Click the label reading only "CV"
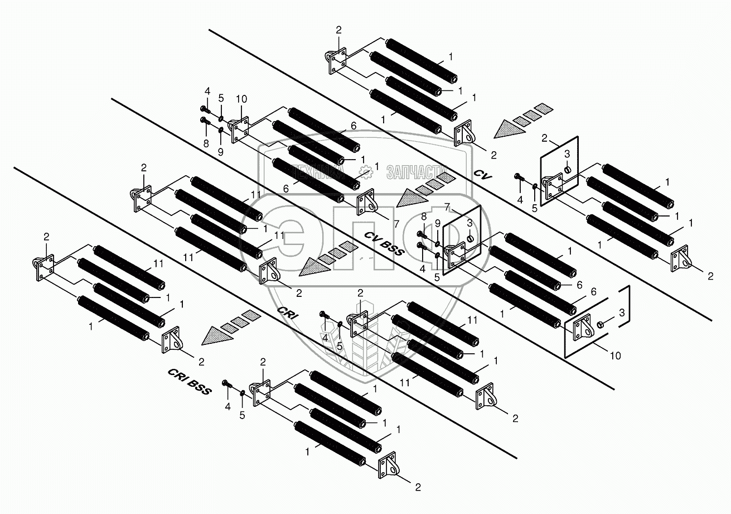(483, 175)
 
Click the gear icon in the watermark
(365, 171)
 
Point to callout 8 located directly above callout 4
(424, 215)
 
